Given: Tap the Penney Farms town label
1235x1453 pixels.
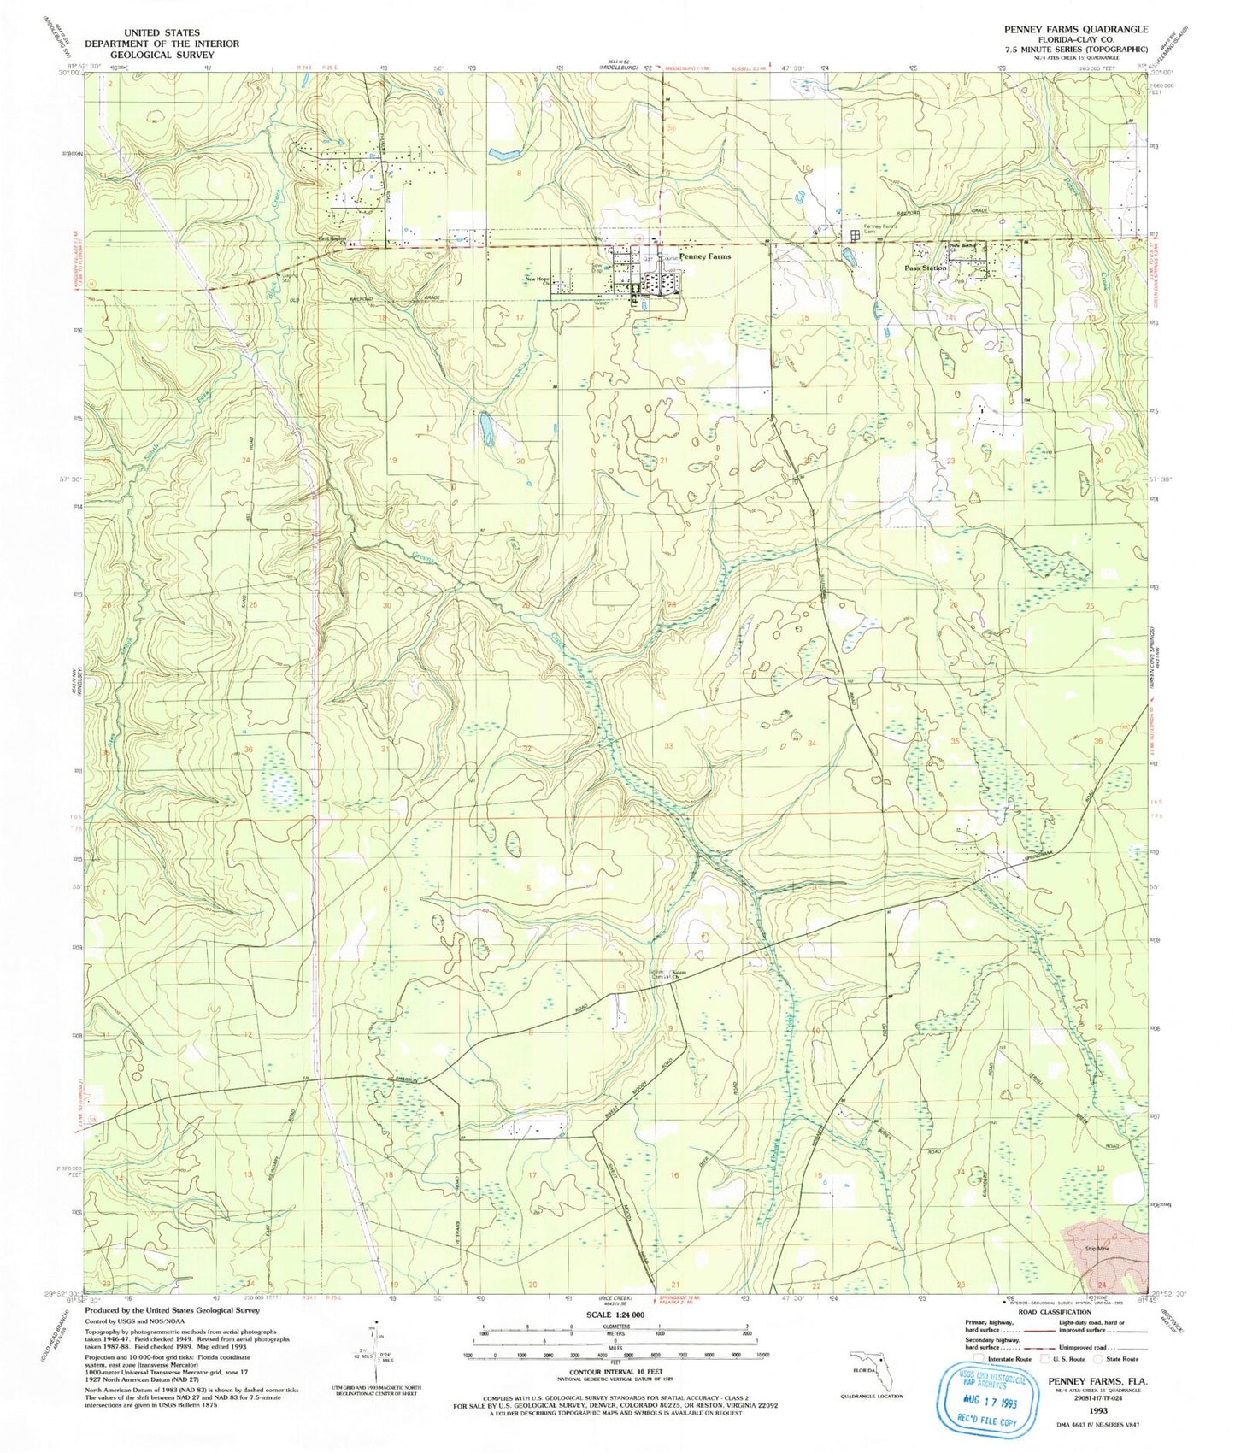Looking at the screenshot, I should point(704,256).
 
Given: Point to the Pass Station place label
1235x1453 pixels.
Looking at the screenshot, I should point(926,268).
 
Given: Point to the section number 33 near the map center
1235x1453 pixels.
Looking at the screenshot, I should point(668,746).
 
